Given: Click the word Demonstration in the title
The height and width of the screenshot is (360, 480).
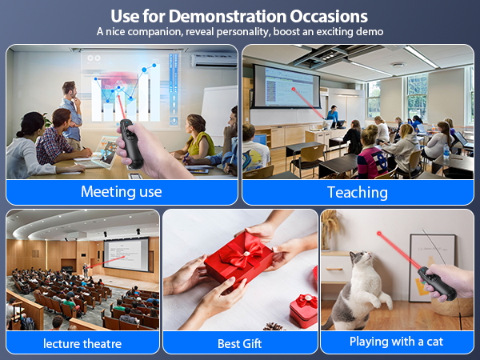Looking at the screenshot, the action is pos(227,16).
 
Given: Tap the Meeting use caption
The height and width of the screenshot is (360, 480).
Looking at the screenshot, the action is pos(122,192).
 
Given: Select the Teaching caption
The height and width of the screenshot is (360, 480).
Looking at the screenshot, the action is pos(358,193).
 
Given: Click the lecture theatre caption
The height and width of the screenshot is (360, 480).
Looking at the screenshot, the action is pos(82,343).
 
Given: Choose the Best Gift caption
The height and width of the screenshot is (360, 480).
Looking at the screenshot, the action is pos(240,343).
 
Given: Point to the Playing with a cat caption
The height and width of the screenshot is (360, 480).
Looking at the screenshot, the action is pos(397,342).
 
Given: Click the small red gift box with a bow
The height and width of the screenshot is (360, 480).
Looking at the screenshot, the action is pos(304,310).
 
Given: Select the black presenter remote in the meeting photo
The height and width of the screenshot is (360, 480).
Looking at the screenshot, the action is pos(131,143).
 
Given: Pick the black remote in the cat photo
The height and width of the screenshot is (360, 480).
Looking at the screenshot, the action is pos(437,283).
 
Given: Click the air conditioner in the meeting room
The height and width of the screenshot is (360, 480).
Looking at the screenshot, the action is pos(214,61).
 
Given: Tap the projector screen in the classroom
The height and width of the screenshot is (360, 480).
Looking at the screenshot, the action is pos(286,86).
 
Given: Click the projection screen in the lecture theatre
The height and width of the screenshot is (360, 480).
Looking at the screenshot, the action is pos(126,254).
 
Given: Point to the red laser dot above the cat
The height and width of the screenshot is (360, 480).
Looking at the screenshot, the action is pos(379,234).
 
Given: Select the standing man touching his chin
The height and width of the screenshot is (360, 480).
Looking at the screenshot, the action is pos(72,114).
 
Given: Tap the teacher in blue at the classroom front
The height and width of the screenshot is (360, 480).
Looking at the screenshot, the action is pos(333,114).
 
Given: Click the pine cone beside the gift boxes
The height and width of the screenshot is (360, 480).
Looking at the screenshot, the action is pos(273,326).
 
